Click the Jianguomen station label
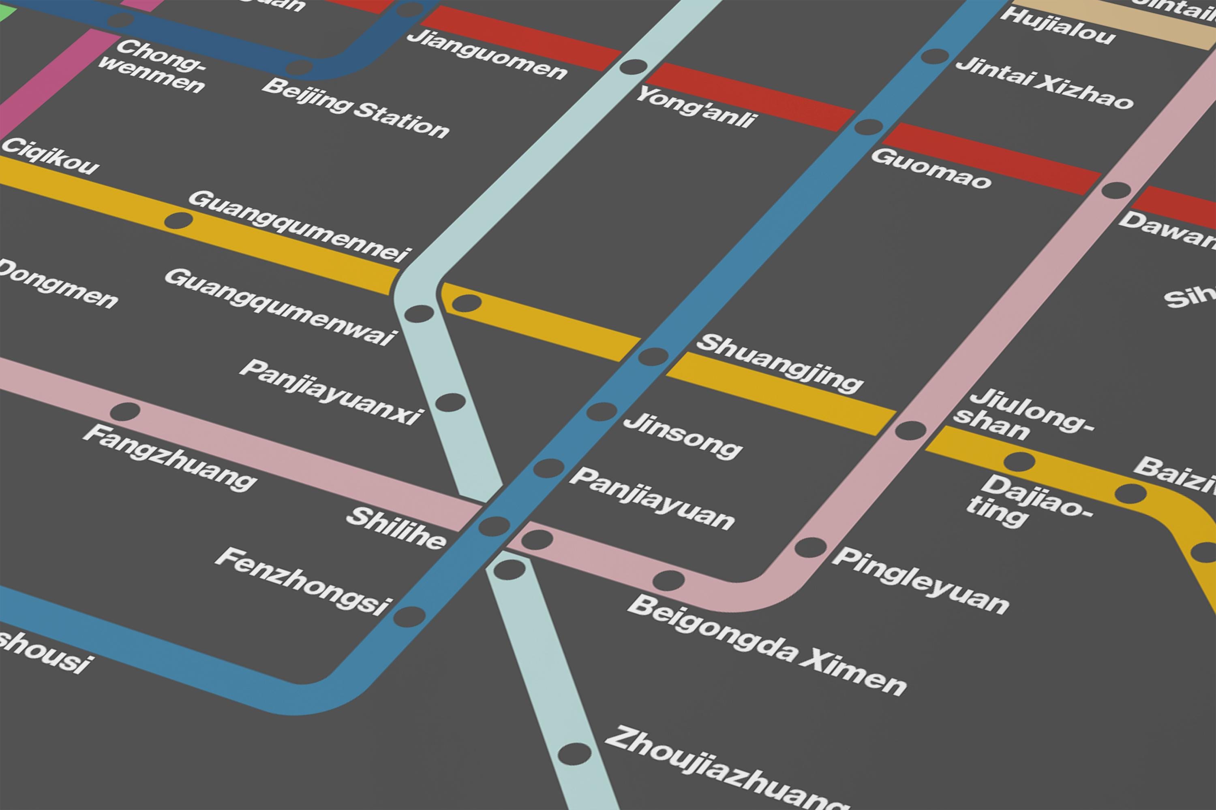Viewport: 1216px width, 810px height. coord(486,55)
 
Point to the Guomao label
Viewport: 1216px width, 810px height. coord(930,168)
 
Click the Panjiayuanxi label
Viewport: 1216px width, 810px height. coord(330,391)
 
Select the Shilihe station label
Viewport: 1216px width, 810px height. coord(396,527)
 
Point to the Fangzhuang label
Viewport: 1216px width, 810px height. coord(169,457)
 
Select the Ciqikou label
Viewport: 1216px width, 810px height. coord(50,156)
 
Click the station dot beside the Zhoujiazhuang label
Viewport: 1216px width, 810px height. coord(574,754)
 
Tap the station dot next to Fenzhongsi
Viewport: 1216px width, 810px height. coord(409,616)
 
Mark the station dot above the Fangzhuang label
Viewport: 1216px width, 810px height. coord(125,412)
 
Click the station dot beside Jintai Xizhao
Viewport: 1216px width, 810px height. coord(934,56)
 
